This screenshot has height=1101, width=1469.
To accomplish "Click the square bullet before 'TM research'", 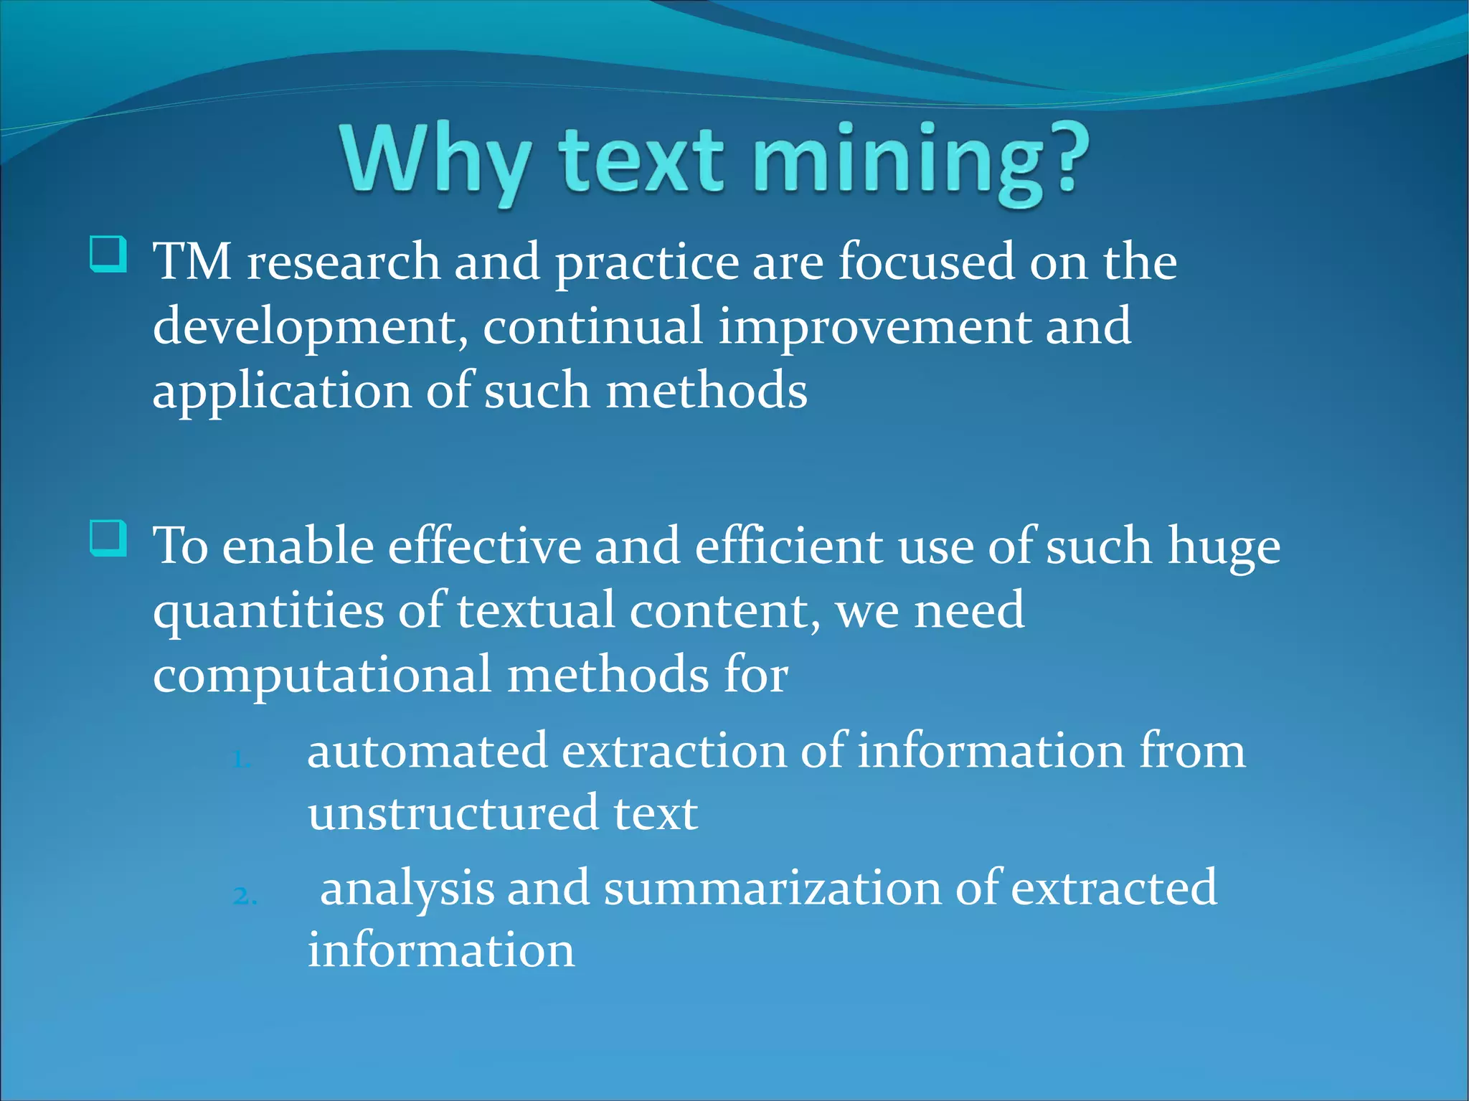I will (x=108, y=255).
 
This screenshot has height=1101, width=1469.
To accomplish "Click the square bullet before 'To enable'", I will (x=108, y=538).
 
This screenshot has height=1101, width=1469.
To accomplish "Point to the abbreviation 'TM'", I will (x=192, y=261).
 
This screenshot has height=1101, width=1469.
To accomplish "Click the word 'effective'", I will (x=484, y=546).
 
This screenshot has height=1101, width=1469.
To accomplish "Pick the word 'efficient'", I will (x=788, y=546).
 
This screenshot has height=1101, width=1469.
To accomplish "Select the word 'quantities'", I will (x=268, y=612).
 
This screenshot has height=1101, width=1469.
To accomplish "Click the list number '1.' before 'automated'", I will (x=242, y=760).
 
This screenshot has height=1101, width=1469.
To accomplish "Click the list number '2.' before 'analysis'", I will (x=245, y=896).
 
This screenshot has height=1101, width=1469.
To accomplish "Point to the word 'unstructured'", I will (x=453, y=813).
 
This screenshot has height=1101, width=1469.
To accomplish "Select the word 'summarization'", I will (x=772, y=888).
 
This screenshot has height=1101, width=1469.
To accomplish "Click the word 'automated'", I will (x=427, y=751).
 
